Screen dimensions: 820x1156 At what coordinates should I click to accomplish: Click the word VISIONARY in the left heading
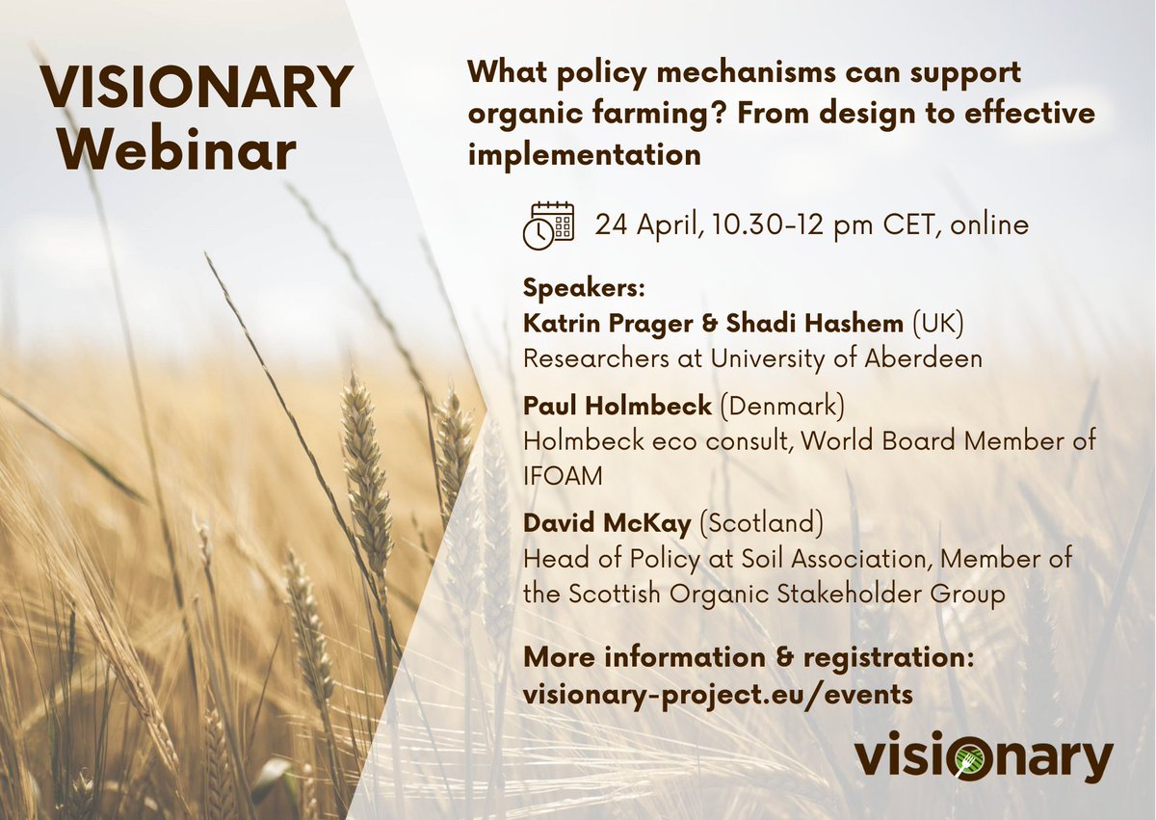197,88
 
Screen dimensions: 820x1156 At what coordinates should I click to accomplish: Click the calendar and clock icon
548,225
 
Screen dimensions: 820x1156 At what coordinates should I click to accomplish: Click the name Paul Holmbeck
617,407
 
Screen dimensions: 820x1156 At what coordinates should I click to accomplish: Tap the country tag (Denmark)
781,407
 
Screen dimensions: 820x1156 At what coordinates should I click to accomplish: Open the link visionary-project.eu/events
718,694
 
